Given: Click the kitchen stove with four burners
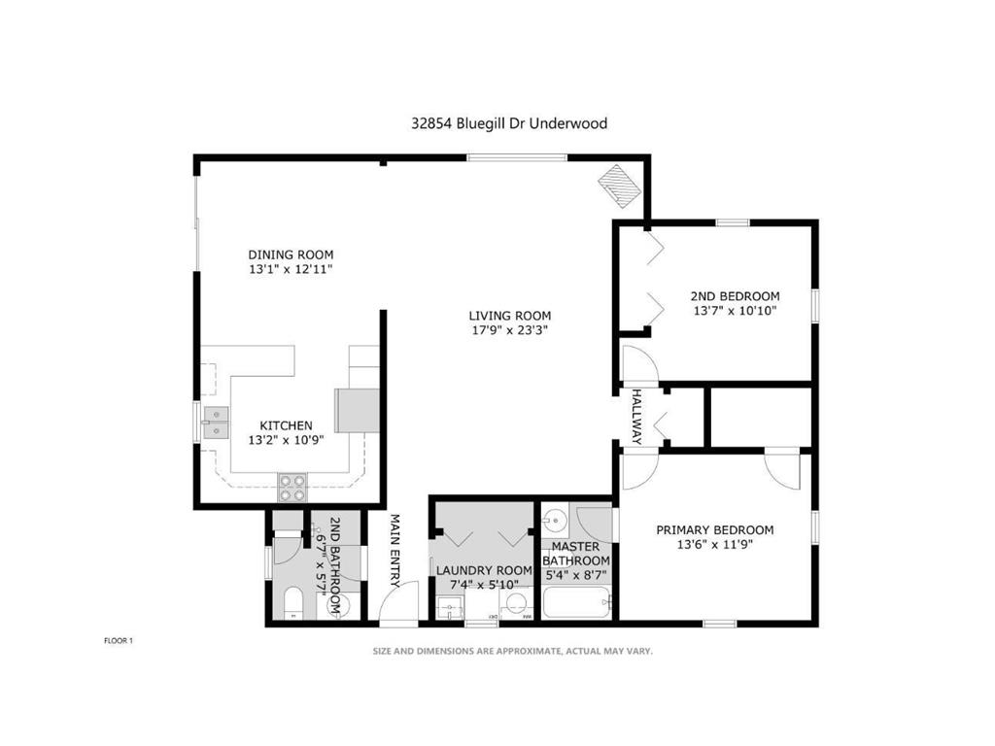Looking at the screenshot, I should click(292, 486).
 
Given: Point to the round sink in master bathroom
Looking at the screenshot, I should click(555, 520).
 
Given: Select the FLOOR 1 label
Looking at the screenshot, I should click(118, 640).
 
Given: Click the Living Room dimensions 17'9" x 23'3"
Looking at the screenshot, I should click(509, 330).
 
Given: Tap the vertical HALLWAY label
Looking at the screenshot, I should click(637, 417).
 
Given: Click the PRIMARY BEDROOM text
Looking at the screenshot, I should click(714, 529).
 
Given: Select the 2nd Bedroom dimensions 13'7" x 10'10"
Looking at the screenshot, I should click(735, 311).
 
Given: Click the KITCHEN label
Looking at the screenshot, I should click(286, 425).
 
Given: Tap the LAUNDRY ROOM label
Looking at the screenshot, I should click(483, 570).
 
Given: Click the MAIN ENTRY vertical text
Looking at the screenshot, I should click(395, 550).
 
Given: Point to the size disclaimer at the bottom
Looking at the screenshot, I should click(513, 652).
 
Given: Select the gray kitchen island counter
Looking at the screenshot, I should click(357, 410).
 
